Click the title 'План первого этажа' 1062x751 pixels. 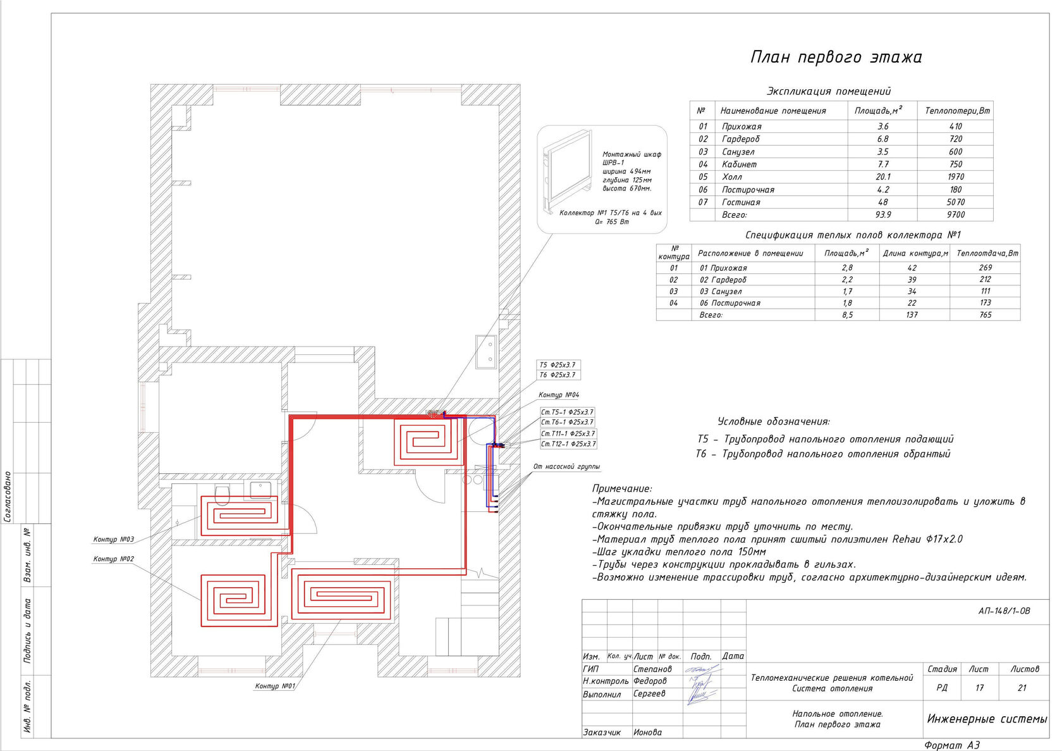pos(836,58)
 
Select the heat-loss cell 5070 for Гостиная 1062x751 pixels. pos(955,202)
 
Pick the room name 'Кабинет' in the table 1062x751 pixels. pos(739,164)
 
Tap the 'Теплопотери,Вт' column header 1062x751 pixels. pos(957,111)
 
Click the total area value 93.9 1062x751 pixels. pos(882,215)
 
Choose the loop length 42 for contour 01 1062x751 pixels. pos(912,268)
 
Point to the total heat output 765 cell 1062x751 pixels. pos(985,315)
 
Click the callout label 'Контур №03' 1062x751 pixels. pos(114,540)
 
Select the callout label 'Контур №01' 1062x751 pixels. pos(275,686)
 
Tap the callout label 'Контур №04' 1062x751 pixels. pos(559,395)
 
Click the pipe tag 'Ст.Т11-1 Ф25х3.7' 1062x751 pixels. pos(568,433)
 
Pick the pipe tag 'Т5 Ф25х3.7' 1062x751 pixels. pos(558,365)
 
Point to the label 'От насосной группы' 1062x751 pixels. pos(566,467)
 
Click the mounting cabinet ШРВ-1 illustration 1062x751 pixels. pos(567,171)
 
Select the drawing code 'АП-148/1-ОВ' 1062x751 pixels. pos(1004,611)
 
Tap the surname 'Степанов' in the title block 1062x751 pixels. pos(652,669)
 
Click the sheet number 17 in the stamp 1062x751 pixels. pos(980,688)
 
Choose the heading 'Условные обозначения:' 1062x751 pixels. pos(774,422)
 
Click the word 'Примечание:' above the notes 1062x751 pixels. pos(622,488)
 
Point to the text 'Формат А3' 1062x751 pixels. pos(952,745)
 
